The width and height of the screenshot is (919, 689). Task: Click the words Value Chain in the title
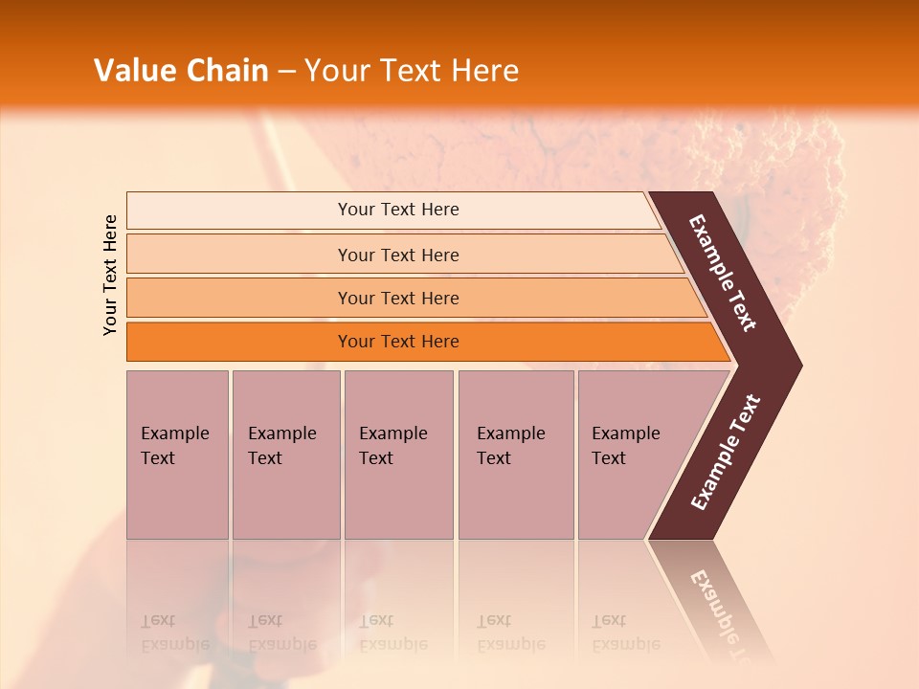181,71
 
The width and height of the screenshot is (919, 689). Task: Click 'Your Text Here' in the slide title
412,71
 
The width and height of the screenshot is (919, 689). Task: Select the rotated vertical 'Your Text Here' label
110,275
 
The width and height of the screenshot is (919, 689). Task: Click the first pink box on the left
177,455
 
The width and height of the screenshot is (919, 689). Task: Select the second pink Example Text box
285,455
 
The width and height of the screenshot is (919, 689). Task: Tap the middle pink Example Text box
398,455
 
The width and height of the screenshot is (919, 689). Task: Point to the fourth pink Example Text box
516,455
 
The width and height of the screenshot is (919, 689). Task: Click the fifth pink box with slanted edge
632,455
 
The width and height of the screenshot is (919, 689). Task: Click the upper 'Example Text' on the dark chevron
723,273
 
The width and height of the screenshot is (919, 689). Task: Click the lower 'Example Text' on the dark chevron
726,452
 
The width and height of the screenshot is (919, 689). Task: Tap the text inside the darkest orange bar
398,342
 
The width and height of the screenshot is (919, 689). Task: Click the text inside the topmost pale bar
398,210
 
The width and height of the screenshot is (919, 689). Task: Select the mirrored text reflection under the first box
173,633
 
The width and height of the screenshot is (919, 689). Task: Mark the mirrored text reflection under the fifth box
625,633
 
